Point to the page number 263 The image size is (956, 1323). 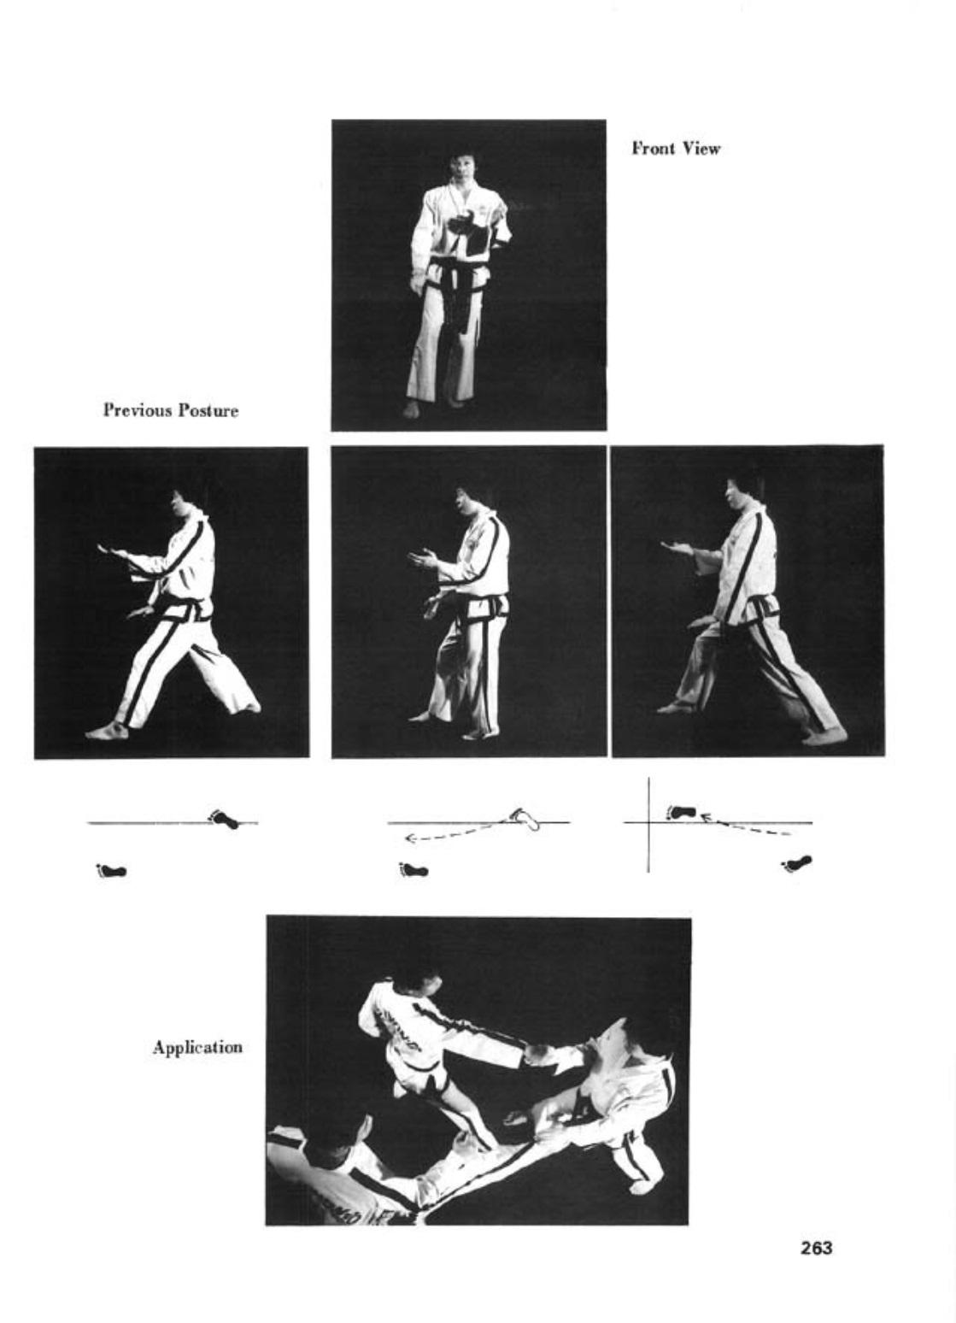[817, 1248]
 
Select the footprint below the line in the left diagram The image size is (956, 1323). [112, 870]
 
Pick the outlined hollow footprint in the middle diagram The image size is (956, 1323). [525, 819]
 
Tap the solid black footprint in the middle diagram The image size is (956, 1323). [414, 869]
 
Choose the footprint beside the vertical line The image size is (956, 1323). [681, 812]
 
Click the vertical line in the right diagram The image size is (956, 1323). [649, 825]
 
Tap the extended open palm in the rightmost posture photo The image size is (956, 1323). [677, 548]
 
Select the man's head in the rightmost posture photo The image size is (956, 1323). [742, 496]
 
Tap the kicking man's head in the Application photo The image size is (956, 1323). [419, 983]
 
